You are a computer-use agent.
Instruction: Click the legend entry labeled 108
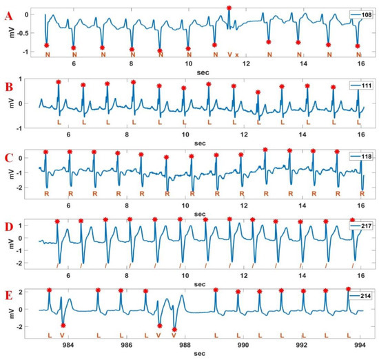click(361, 14)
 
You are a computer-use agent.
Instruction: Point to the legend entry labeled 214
click(361, 295)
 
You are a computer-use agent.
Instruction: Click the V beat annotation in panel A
click(229, 54)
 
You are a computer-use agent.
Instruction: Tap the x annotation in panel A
click(236, 54)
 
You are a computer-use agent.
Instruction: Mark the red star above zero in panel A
click(229, 8)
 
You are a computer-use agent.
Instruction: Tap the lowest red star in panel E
click(174, 330)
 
